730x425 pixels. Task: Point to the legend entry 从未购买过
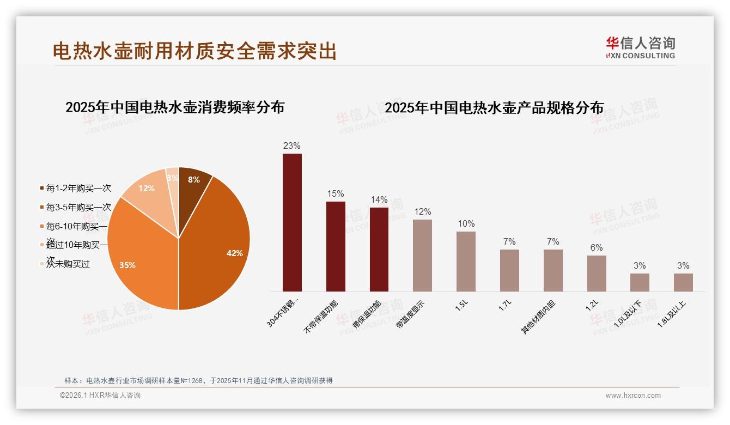click(68, 264)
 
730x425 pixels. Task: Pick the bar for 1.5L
click(466, 262)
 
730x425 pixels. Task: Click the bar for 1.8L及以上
click(683, 282)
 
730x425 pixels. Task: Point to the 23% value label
click(292, 146)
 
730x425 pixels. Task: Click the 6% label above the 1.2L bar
click(597, 248)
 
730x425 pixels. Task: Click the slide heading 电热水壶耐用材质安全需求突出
click(194, 51)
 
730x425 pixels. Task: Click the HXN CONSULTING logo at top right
click(641, 47)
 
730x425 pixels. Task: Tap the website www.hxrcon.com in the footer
click(633, 396)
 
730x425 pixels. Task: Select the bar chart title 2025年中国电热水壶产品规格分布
click(494, 108)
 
